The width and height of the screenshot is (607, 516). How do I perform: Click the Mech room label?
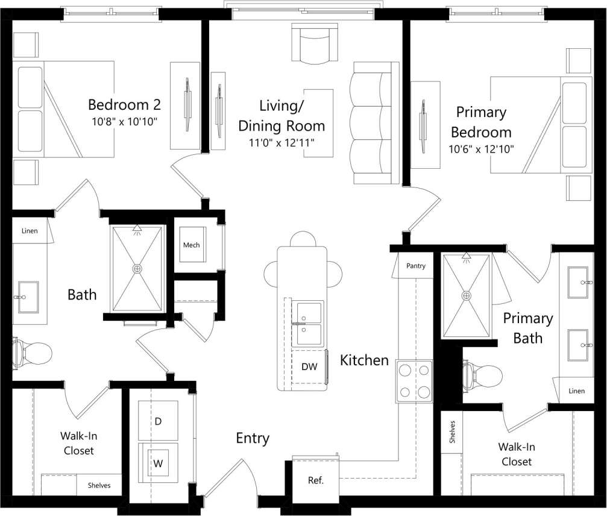192,245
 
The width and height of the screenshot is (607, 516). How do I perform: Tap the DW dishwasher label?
309,366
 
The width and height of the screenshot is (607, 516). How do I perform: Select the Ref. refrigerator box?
315,479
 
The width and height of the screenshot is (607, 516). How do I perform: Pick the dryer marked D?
158,421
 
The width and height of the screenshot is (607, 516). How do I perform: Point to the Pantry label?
415,265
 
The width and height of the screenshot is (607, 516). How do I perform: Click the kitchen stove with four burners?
415,381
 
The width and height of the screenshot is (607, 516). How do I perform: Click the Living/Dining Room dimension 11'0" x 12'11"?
281,143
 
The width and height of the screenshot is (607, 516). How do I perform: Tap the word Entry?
252,438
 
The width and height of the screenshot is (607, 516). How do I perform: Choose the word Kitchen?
364,360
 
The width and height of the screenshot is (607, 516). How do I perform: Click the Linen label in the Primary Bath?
576,391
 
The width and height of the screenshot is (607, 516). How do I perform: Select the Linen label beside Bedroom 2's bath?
30,231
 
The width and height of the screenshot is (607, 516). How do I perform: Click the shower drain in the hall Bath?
138,268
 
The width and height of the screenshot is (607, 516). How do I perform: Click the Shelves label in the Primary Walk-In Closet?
452,432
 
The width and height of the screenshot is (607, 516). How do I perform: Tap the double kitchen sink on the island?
308,323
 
